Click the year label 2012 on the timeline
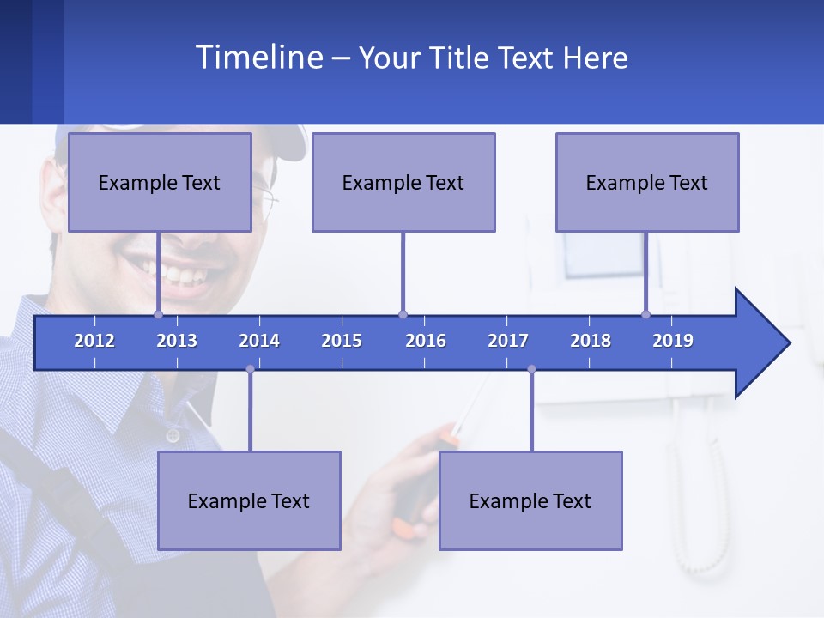coord(94,341)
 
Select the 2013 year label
coord(177,341)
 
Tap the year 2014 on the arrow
coord(259,341)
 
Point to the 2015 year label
coord(342,341)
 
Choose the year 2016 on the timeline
coord(426,341)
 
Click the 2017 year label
coord(508,341)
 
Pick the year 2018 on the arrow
coord(591,341)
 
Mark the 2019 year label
coord(673,341)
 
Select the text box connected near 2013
coord(160,182)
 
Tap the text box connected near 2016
coord(403,182)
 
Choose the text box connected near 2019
coord(647,182)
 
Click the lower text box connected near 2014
coord(249,500)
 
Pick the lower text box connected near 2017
coord(530,500)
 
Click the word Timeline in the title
coord(257,58)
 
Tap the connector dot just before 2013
coord(158,314)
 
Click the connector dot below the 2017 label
coord(531,369)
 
